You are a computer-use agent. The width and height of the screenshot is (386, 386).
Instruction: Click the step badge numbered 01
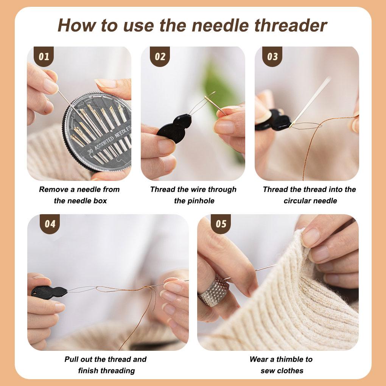(x=44, y=56)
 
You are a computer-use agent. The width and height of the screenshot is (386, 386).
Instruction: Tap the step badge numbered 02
(x=160, y=56)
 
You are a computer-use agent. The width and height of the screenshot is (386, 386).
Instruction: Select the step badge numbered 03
(x=272, y=56)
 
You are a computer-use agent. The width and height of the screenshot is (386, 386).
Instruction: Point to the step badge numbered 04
(x=50, y=224)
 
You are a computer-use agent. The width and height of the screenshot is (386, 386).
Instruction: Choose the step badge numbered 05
(x=221, y=224)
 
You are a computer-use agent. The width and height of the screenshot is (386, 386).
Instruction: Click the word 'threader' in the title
(x=291, y=25)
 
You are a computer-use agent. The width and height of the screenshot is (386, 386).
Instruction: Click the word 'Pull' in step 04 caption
(x=72, y=359)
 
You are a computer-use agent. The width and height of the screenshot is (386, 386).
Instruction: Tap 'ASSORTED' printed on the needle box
(x=104, y=142)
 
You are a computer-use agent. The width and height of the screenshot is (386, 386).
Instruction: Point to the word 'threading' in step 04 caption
(x=119, y=371)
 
